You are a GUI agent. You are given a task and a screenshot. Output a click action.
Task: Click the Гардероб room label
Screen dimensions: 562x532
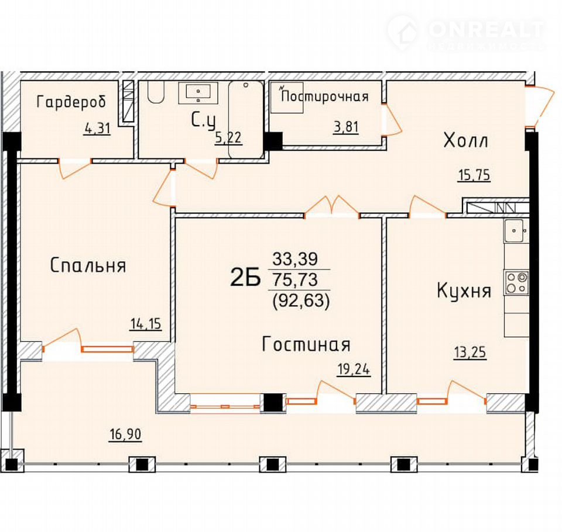click(71, 102)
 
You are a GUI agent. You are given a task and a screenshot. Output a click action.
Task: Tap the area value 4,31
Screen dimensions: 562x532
click(98, 128)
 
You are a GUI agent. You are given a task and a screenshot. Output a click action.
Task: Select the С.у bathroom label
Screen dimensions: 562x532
click(204, 120)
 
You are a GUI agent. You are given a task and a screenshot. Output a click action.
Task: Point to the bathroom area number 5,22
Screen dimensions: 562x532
click(228, 137)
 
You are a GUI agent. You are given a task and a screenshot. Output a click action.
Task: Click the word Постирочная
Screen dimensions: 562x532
click(325, 96)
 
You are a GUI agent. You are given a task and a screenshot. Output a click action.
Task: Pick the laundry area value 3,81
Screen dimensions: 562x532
click(346, 127)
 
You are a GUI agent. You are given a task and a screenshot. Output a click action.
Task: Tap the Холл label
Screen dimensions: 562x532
click(465, 140)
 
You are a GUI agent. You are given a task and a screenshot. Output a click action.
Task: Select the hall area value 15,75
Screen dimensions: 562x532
click(474, 175)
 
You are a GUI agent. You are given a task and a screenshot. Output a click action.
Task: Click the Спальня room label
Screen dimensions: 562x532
click(88, 265)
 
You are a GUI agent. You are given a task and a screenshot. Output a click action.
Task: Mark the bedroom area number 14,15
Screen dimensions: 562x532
click(146, 324)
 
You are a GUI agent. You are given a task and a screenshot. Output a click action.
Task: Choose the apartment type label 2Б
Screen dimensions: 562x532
click(245, 278)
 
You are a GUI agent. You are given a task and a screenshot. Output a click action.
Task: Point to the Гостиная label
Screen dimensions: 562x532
click(306, 344)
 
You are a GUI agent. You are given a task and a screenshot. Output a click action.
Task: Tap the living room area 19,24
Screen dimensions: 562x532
click(354, 369)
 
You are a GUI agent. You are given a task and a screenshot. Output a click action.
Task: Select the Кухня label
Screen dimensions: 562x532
click(464, 291)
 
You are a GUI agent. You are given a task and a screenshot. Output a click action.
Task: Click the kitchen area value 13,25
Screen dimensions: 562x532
click(470, 353)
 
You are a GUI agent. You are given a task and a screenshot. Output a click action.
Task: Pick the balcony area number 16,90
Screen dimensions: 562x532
click(126, 434)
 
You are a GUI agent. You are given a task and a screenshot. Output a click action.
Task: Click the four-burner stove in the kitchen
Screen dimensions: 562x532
click(516, 282)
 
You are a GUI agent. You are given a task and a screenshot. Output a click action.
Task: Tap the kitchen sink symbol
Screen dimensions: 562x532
click(516, 231)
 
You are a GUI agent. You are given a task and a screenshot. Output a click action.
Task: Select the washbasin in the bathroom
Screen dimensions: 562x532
click(198, 93)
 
